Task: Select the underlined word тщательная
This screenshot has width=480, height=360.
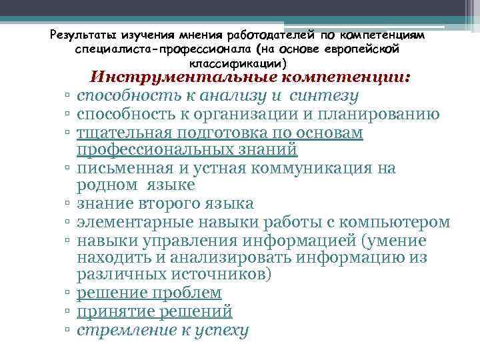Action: click(129, 133)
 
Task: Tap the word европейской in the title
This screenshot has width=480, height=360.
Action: click(365, 49)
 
